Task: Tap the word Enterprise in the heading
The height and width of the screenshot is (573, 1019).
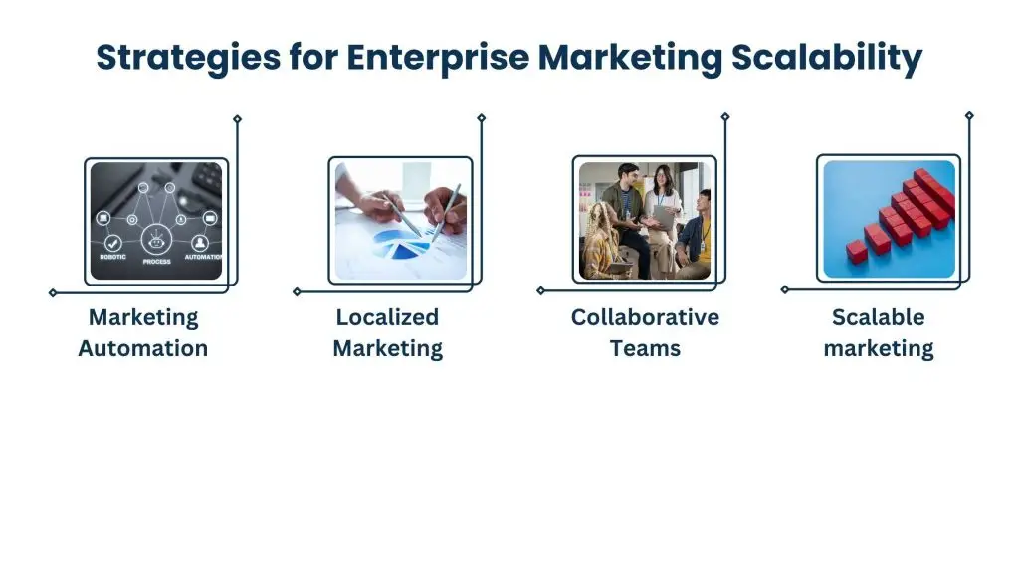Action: click(438, 57)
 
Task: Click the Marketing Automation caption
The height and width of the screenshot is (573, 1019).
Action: click(143, 333)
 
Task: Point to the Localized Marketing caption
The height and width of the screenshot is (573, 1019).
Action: click(387, 333)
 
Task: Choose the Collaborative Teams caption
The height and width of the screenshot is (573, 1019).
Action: click(645, 333)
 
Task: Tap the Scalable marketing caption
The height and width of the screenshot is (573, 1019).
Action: click(879, 333)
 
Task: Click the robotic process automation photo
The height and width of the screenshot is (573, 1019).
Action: click(156, 220)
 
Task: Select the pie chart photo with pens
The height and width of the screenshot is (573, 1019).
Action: click(400, 220)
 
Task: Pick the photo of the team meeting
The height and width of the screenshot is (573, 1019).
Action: click(645, 220)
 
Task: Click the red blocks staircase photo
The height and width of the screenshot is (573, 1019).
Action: click(889, 220)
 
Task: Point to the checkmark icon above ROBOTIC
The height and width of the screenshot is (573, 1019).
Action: click(112, 242)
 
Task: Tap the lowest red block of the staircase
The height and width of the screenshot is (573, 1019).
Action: click(857, 251)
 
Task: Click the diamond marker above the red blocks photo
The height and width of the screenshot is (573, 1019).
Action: click(969, 115)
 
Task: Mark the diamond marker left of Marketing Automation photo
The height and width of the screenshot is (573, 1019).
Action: click(53, 293)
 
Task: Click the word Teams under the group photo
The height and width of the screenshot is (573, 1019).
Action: click(646, 348)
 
